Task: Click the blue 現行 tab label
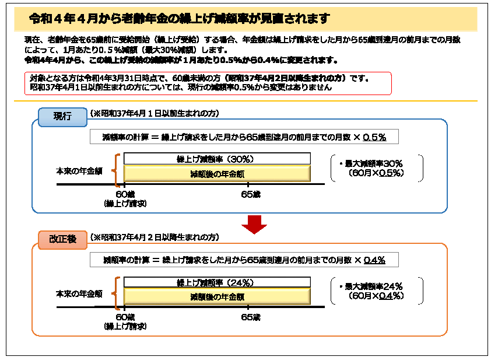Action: click(x=62, y=117)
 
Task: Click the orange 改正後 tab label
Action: click(x=62, y=239)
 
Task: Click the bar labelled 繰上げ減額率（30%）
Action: click(x=216, y=159)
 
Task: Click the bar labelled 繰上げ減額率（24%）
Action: click(x=216, y=282)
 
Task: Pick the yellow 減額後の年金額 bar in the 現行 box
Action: click(x=216, y=173)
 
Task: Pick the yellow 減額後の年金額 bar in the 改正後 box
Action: click(x=216, y=296)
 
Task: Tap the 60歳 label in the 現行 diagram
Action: click(x=125, y=194)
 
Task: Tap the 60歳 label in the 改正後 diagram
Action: click(x=125, y=317)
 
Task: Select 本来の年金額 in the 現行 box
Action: click(x=79, y=171)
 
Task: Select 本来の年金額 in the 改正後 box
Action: click(x=79, y=294)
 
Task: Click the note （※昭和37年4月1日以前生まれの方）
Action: click(x=155, y=113)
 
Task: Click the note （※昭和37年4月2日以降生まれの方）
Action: click(x=155, y=237)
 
